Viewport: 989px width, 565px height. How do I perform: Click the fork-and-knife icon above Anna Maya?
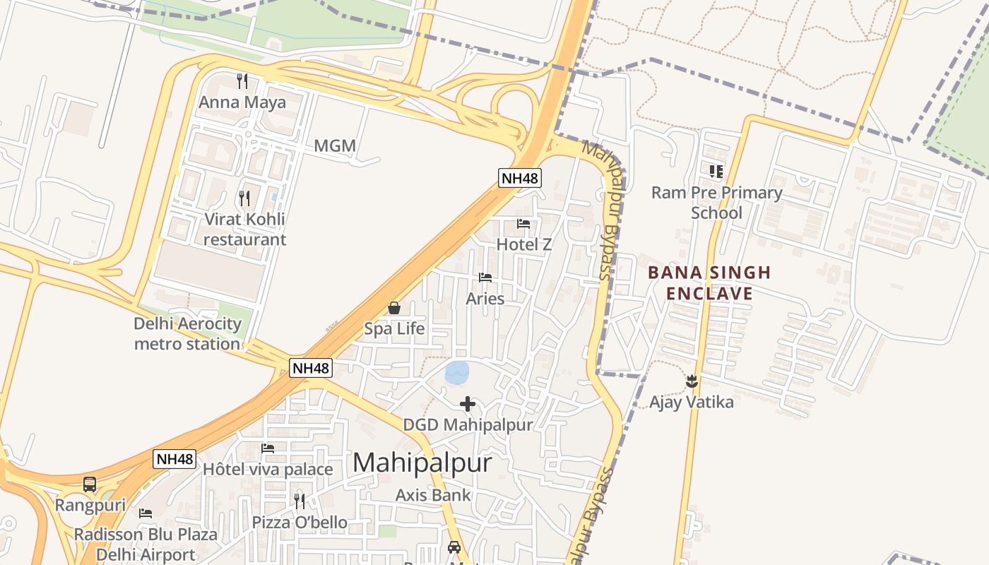click(242, 81)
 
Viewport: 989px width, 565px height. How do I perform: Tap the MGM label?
click(335, 146)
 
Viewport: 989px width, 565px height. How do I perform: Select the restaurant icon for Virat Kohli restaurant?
click(244, 198)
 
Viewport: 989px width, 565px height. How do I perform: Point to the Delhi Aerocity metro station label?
click(188, 334)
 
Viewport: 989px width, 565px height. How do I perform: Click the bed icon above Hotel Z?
click(523, 224)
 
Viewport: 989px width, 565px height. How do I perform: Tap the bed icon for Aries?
click(485, 278)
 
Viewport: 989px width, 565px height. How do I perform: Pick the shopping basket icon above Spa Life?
click(394, 308)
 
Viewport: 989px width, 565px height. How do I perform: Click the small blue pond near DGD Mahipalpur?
click(457, 372)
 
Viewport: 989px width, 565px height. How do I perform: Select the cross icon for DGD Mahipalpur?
click(468, 404)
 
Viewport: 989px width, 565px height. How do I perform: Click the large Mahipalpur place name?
click(422, 463)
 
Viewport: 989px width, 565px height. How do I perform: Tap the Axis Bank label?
click(433, 495)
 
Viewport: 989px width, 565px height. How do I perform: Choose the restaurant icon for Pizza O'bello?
click(300, 501)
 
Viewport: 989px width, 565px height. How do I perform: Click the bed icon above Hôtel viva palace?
click(268, 448)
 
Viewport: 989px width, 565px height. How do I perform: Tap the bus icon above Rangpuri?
click(90, 484)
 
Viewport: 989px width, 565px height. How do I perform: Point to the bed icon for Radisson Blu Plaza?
click(146, 513)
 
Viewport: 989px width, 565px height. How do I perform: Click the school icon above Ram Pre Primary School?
click(716, 171)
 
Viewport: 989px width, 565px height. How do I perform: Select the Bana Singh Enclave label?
click(709, 282)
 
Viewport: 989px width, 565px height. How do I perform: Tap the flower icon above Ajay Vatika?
click(692, 381)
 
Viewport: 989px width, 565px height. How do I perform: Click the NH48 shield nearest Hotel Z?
click(520, 178)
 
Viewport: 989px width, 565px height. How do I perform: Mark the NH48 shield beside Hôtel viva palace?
click(174, 459)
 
